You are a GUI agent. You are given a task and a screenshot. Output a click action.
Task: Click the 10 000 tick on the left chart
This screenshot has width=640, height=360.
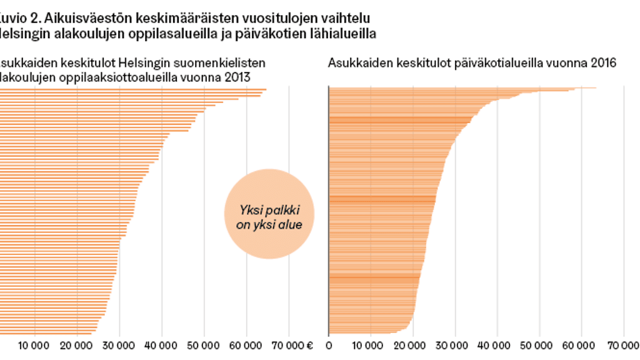point(34,344)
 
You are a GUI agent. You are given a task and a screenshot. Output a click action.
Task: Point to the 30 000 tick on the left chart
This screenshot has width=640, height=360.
point(119,344)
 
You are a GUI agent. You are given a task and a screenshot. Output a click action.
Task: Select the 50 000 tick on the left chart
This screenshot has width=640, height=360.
point(204,344)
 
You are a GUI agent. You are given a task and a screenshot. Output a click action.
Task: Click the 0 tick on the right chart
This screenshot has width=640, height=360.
point(329,344)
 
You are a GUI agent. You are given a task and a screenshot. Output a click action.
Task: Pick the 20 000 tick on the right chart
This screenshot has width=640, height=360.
point(412,344)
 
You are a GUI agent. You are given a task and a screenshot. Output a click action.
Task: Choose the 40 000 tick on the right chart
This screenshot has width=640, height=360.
point(497,344)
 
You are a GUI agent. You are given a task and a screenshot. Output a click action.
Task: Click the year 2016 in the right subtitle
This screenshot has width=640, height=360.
point(605,63)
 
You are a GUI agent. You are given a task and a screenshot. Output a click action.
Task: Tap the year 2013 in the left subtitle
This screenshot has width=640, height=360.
point(239,78)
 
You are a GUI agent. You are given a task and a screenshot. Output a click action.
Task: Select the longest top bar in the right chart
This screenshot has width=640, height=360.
point(462,87)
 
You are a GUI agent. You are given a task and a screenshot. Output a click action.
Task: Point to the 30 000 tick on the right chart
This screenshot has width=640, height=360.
point(455,344)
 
